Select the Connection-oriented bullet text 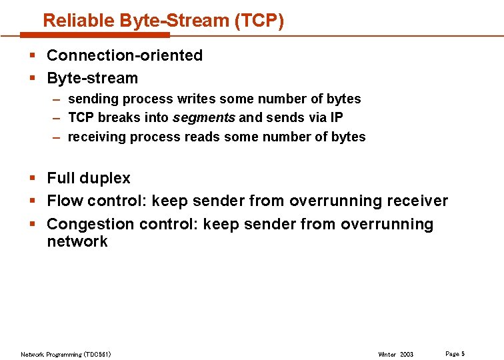click(125, 55)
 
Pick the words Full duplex click(89, 178)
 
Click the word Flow click(65, 201)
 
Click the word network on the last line click(77, 241)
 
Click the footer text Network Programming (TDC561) click(66, 354)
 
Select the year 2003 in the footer click(406, 354)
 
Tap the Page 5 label click(455, 353)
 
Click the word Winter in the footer click(387, 354)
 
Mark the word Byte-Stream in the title click(175, 21)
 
